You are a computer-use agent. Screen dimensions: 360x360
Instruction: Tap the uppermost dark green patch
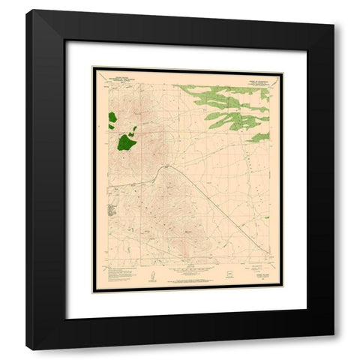tap(112, 118)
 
